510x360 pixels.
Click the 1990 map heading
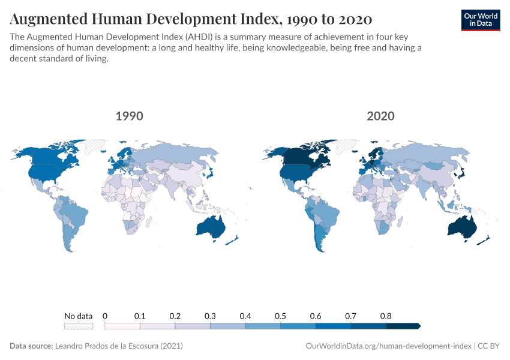[129, 116]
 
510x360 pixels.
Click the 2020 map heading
[381, 116]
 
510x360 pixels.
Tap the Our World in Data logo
[480, 20]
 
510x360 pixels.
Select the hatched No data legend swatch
[79, 326]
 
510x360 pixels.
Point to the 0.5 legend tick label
[280, 316]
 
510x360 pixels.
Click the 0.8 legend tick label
[386, 316]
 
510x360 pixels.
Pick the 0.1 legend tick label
[140, 316]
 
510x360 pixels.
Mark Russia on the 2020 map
[420, 157]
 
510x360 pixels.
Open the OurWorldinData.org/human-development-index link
[388, 346]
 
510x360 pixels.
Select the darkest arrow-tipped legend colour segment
[403, 326]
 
